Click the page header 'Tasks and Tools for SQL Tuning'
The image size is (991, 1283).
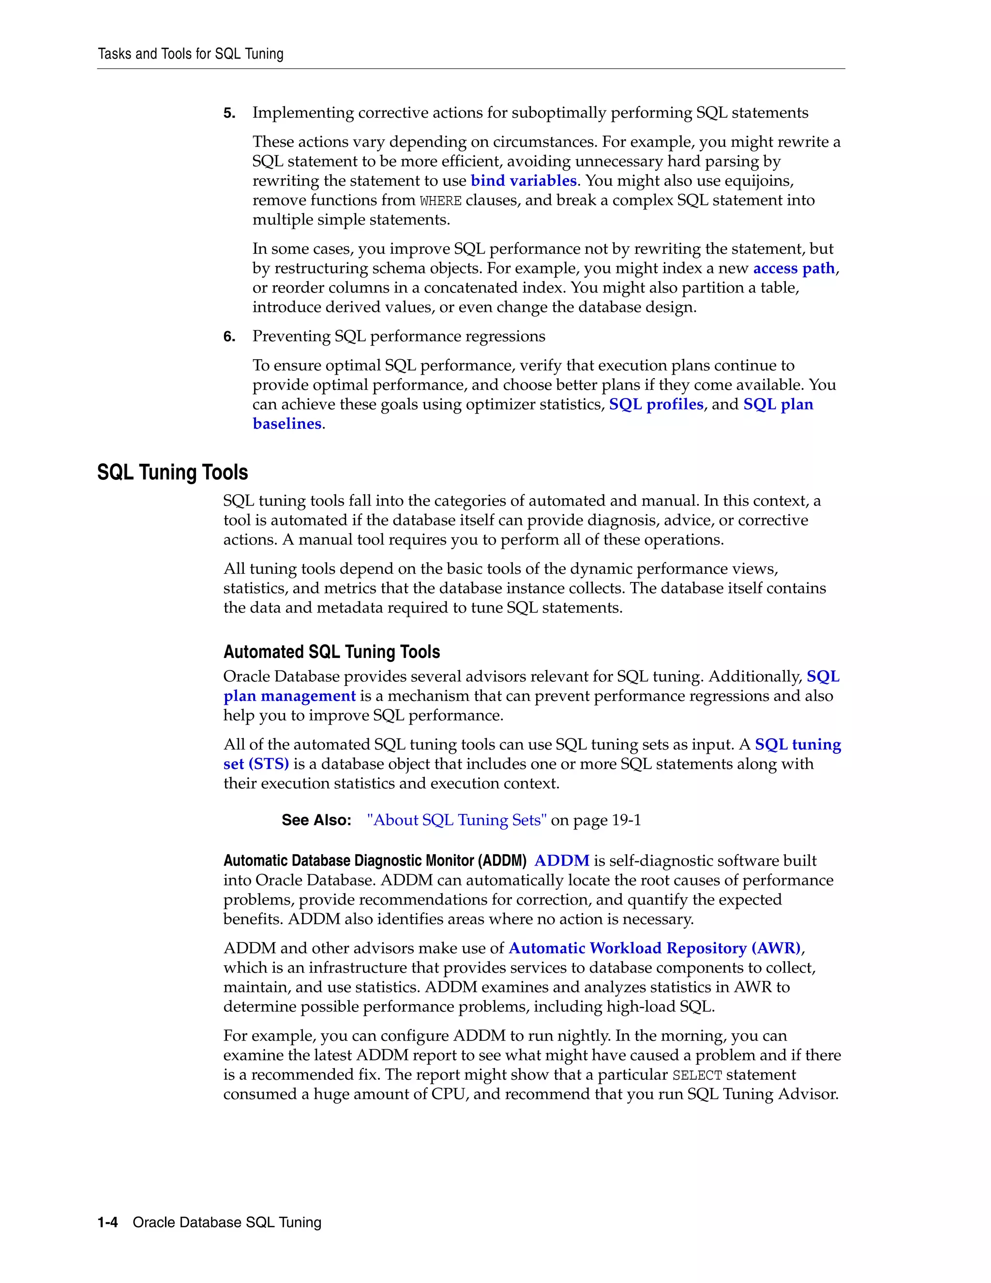point(190,54)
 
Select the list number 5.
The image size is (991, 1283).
point(229,113)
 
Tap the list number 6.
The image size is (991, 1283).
point(229,337)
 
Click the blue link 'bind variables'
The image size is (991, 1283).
point(524,181)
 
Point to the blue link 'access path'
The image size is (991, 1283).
point(794,269)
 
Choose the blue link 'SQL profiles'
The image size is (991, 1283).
point(656,405)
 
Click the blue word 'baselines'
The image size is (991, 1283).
point(287,424)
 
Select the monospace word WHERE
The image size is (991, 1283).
point(440,201)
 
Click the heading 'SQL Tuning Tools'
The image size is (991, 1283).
point(173,473)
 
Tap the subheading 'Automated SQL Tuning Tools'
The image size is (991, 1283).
point(331,652)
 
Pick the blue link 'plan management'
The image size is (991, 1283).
point(289,696)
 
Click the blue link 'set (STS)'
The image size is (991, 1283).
point(256,764)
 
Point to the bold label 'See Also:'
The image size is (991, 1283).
point(316,821)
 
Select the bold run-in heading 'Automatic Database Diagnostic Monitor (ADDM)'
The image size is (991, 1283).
point(375,861)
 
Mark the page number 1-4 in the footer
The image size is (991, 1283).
point(107,1222)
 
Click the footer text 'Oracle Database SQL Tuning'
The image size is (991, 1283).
point(227,1222)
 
